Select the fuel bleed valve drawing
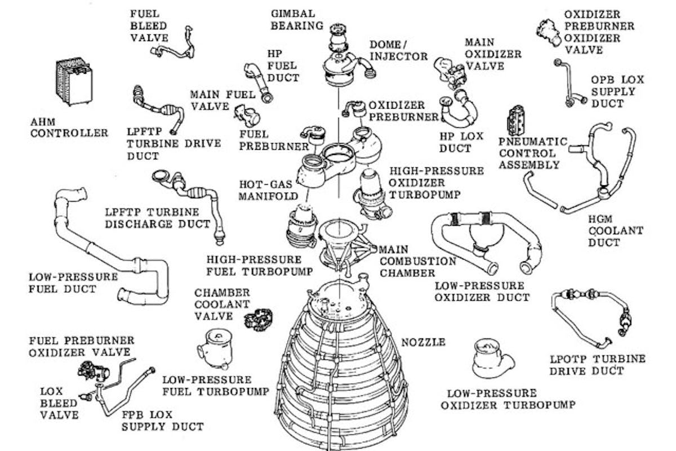point(175,45)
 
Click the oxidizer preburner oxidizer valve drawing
point(547,32)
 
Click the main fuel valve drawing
point(247,114)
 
